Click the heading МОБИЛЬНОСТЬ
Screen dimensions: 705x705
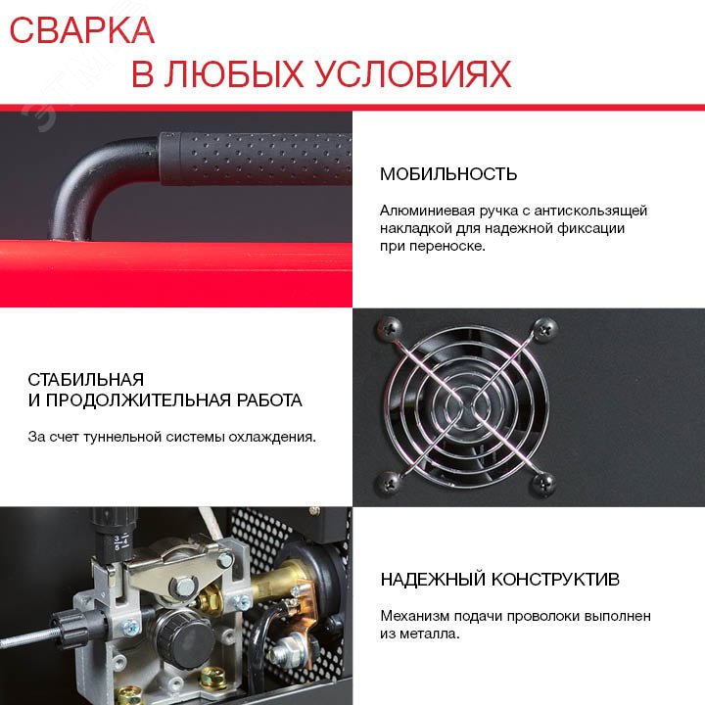tap(448, 174)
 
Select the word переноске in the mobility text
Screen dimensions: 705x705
tap(431, 246)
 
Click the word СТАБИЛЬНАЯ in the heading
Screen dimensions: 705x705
tap(86, 380)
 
